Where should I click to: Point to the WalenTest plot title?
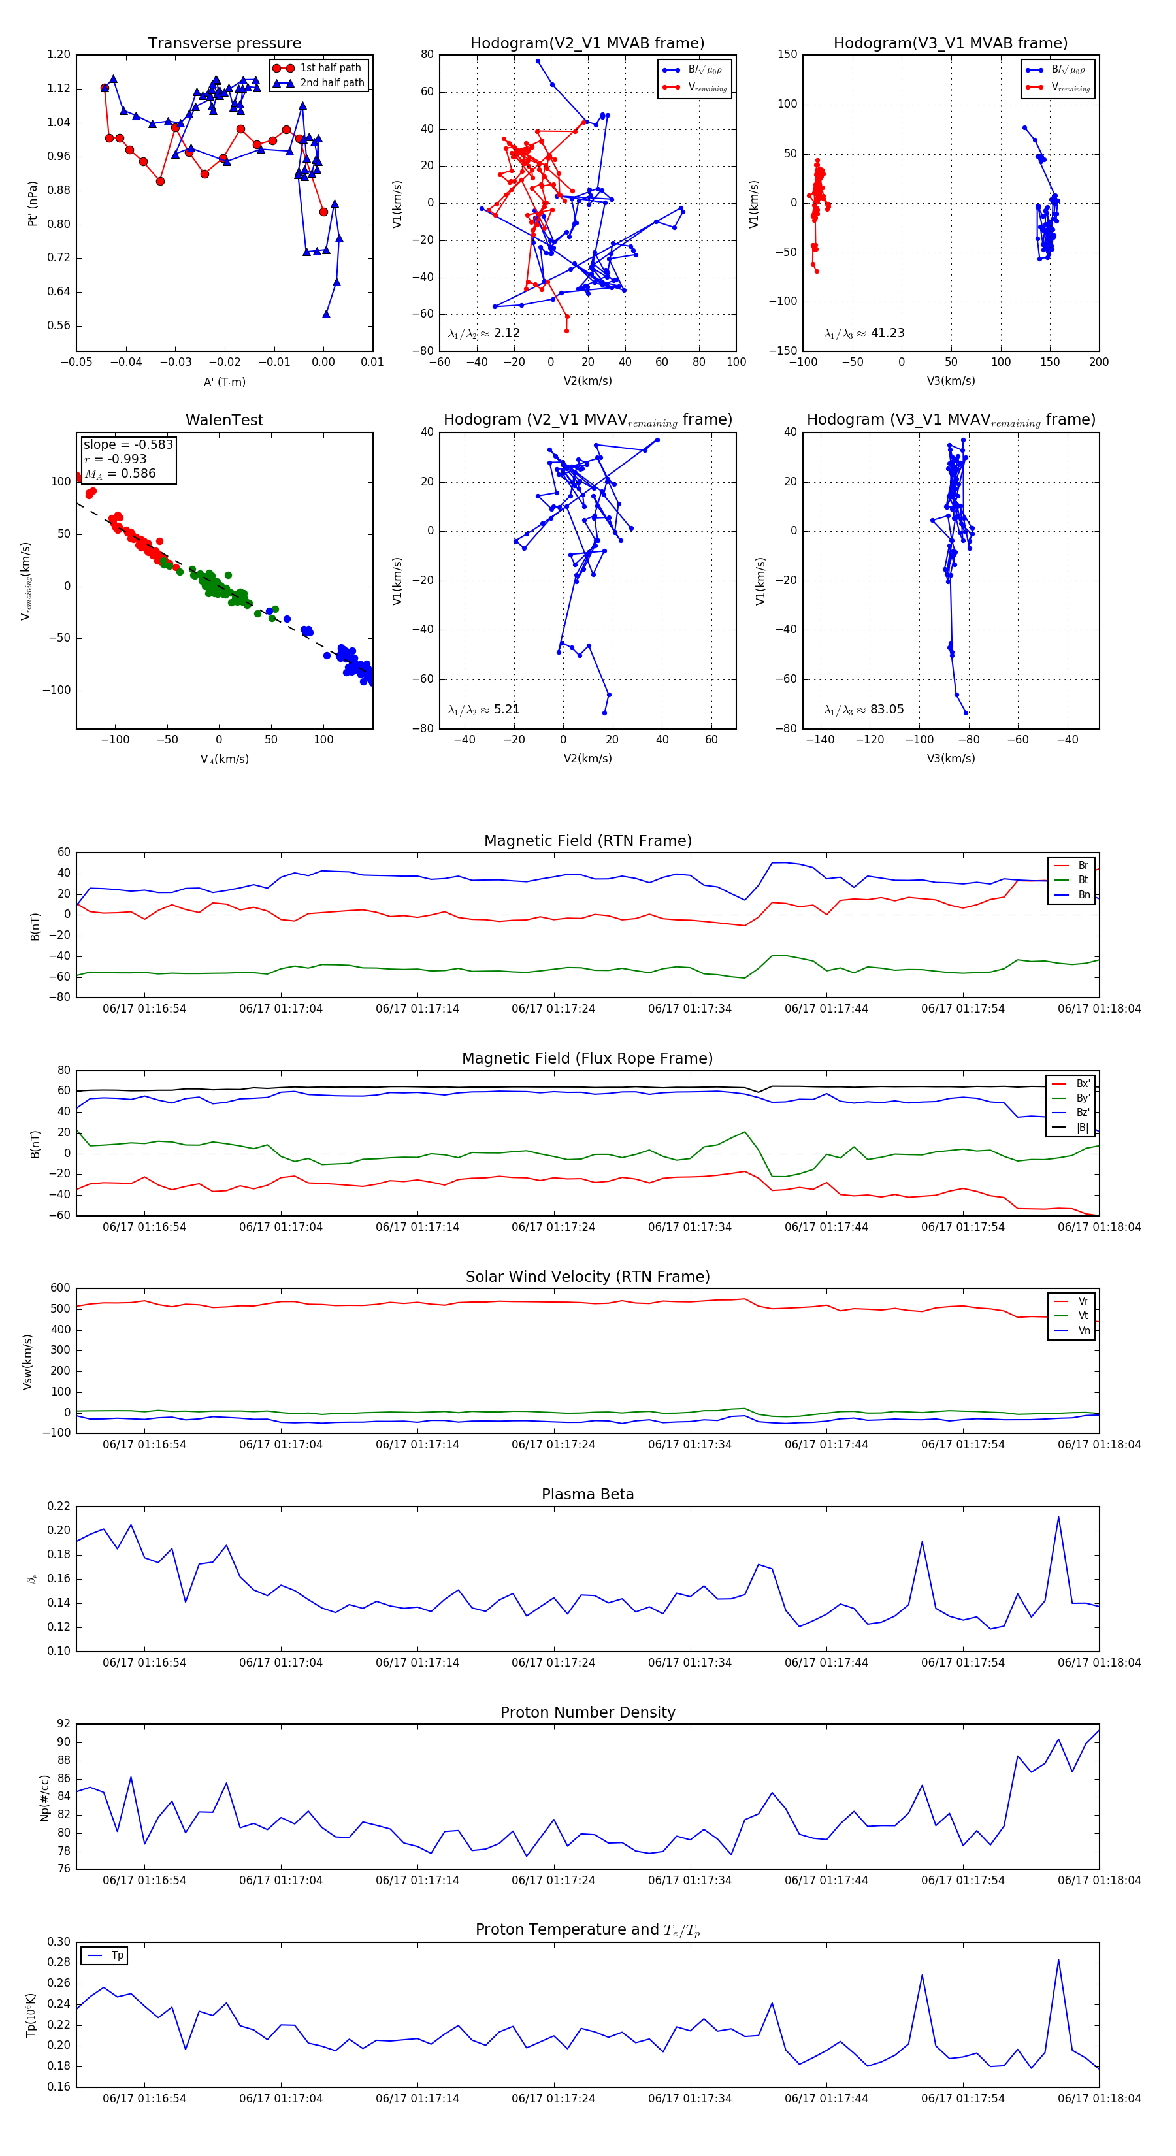pyautogui.click(x=224, y=420)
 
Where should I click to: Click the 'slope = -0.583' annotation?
pyautogui.click(x=128, y=444)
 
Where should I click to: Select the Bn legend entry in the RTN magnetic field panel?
pyautogui.click(x=1083, y=894)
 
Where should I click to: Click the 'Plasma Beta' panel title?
pyautogui.click(x=587, y=1495)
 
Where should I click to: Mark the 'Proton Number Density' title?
pyautogui.click(x=587, y=1712)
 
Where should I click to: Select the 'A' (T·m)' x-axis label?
pyautogui.click(x=224, y=382)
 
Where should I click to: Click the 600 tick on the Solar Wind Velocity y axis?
pyautogui.click(x=60, y=1288)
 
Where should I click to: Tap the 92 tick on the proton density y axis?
pyautogui.click(x=63, y=1724)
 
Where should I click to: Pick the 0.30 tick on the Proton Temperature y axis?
pyautogui.click(x=59, y=1942)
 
